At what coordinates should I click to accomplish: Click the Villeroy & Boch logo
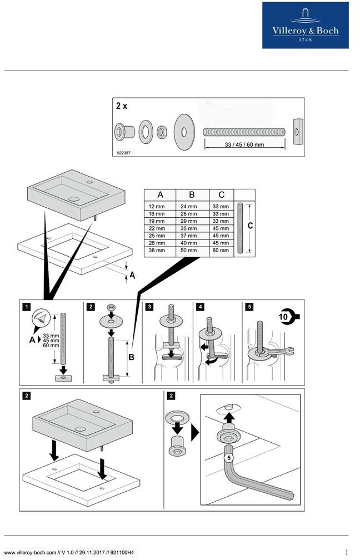[305, 25]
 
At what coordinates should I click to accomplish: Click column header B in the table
[192, 195]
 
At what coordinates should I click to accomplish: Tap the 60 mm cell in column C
[221, 250]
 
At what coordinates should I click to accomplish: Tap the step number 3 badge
[149, 306]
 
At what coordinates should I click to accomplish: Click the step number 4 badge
[199, 306]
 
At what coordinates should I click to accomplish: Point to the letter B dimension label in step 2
[132, 357]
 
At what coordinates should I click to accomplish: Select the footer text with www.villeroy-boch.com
[69, 552]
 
